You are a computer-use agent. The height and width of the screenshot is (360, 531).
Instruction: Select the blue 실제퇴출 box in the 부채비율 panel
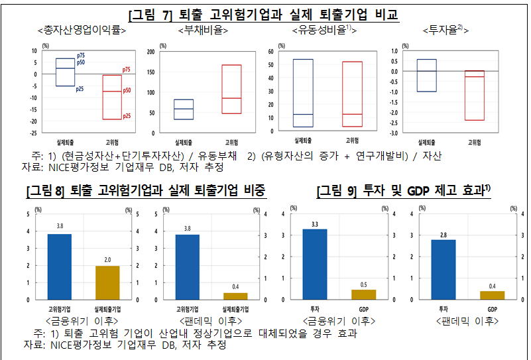(x=184, y=109)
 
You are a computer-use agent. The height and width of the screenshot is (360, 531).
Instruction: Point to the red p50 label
(x=127, y=90)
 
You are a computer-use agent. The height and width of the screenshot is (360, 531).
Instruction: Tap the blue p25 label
(x=80, y=88)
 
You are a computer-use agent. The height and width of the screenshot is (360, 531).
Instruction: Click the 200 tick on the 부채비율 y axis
(x=150, y=51)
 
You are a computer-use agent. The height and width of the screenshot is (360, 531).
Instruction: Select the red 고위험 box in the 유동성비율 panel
(x=352, y=93)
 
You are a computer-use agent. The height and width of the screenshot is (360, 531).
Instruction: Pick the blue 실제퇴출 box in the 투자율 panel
(x=427, y=76)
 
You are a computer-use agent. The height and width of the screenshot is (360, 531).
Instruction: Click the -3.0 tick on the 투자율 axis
(x=394, y=133)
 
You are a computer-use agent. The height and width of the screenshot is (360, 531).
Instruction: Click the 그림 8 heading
(x=146, y=192)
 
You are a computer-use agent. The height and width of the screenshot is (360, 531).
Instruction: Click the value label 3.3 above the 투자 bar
(x=314, y=223)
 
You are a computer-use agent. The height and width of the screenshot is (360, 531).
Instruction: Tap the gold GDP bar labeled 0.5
(x=364, y=294)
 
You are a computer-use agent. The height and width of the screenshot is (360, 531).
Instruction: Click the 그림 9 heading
(x=403, y=192)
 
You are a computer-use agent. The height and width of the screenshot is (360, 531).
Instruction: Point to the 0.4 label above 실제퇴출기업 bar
(x=235, y=287)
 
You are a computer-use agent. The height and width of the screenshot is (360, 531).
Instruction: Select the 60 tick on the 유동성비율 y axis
(x=271, y=51)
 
